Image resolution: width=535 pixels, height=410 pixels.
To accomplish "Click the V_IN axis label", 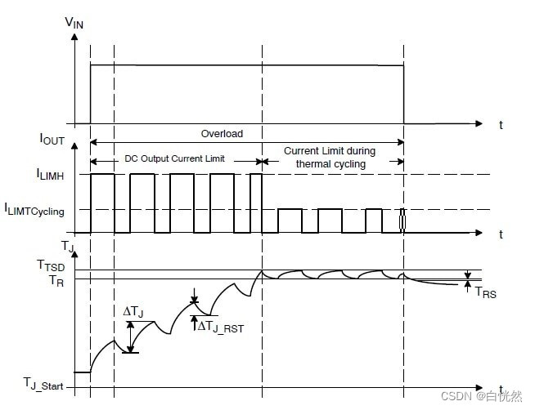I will (x=74, y=23).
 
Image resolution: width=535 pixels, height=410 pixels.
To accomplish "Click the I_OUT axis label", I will (x=52, y=140).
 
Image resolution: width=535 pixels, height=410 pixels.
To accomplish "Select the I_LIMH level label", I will (x=53, y=174).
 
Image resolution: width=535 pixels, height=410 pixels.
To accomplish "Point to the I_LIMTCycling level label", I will (x=36, y=210).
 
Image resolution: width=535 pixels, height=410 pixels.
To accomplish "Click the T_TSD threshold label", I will (x=50, y=265).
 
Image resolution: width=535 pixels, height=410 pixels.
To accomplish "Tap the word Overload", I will (x=222, y=133).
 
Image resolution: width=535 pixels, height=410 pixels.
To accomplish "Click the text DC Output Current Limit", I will (x=175, y=158).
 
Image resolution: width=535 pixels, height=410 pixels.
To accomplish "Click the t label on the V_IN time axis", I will (x=501, y=125).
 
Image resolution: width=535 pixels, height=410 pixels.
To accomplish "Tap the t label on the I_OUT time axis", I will (x=501, y=234).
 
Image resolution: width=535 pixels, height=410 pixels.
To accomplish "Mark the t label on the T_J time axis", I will (x=501, y=389).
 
